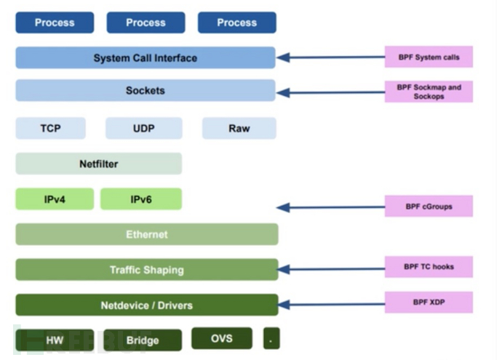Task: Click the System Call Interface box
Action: click(146, 58)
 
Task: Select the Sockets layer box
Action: click(146, 91)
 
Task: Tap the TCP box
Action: click(50, 129)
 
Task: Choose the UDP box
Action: click(143, 129)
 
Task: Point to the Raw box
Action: click(239, 129)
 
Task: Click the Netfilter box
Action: click(98, 164)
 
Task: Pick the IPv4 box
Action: click(55, 199)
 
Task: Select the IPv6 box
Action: click(140, 199)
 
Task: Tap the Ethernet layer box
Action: click(146, 234)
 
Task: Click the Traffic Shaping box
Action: click(146, 270)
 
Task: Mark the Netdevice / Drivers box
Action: click(146, 305)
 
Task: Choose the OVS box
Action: click(222, 338)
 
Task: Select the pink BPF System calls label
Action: click(429, 57)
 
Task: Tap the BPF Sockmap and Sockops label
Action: click(429, 92)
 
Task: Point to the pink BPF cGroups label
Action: click(429, 207)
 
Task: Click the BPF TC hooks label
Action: click(429, 267)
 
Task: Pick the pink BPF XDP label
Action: click(429, 302)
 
